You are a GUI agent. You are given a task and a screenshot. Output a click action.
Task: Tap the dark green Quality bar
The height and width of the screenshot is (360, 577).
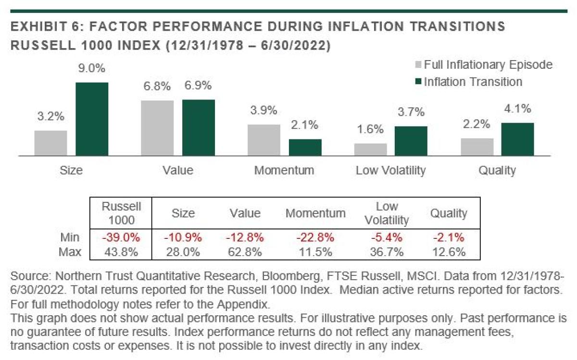coord(518,139)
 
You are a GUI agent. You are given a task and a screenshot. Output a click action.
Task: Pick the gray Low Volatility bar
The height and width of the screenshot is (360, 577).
coord(370,149)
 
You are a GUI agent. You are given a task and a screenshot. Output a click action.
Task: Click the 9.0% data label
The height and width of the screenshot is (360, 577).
coord(92,69)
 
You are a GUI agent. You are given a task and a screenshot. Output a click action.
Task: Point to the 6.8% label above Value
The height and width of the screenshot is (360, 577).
coord(157,87)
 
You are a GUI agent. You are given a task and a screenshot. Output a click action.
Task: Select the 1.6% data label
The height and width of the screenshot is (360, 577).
coord(371,129)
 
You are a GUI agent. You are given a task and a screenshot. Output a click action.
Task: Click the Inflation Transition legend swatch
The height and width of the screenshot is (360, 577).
coord(417,82)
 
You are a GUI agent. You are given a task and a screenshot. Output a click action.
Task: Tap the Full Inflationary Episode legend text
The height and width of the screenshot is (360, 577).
coord(488,64)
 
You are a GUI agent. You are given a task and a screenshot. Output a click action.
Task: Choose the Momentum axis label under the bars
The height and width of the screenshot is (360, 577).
coord(284,170)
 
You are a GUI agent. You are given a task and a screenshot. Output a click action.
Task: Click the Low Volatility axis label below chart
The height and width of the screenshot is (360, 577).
coord(390,170)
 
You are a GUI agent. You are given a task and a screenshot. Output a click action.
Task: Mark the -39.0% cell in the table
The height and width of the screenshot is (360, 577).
coord(121,237)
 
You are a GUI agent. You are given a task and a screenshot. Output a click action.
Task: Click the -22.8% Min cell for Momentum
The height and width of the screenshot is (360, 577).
coord(315,237)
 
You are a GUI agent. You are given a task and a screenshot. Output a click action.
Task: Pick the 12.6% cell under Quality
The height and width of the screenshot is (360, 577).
coord(449,252)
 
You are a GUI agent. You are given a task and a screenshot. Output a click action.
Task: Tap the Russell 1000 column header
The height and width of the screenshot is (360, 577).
coord(122,213)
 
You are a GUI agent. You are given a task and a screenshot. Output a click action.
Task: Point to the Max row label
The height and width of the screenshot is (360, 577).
coord(70,252)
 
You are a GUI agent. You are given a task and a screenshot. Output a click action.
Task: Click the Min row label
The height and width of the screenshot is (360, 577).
coord(70,237)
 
